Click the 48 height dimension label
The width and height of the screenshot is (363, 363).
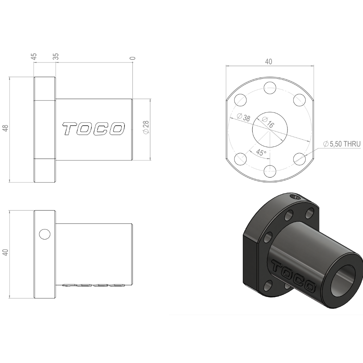pyautogui.click(x=5, y=128)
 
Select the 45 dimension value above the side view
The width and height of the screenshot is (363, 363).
pyautogui.click(x=34, y=57)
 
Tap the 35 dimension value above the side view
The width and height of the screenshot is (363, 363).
pyautogui.click(x=56, y=57)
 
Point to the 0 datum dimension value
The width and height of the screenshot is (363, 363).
pyautogui.click(x=132, y=58)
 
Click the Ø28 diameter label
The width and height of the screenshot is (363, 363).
pyautogui.click(x=146, y=127)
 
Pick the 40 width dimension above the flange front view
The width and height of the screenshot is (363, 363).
pyautogui.click(x=268, y=62)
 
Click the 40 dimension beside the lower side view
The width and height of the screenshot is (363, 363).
pyautogui.click(x=5, y=252)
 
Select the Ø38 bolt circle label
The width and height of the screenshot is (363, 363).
pyautogui.click(x=244, y=117)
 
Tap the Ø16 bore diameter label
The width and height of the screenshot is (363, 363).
pyautogui.click(x=268, y=122)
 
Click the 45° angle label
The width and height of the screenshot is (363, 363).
pyautogui.click(x=261, y=153)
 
